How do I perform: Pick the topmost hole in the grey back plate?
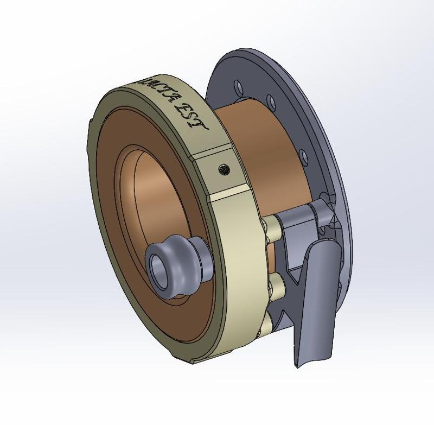pyautogui.click(x=238, y=86)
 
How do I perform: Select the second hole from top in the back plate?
pyautogui.click(x=270, y=100)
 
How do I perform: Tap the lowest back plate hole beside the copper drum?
pyautogui.click(x=305, y=158)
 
